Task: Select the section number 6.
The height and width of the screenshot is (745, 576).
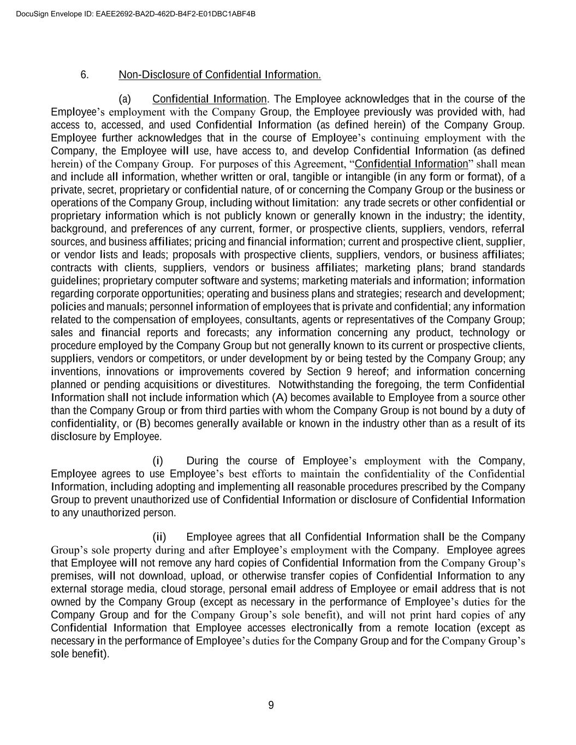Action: click(85, 75)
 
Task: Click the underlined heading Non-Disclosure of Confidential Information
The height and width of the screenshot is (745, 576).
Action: click(219, 75)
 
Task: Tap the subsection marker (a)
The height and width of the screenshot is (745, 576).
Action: click(124, 99)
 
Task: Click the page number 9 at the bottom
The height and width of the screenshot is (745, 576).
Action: click(271, 706)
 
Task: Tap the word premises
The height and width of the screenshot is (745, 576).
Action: click(72, 576)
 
